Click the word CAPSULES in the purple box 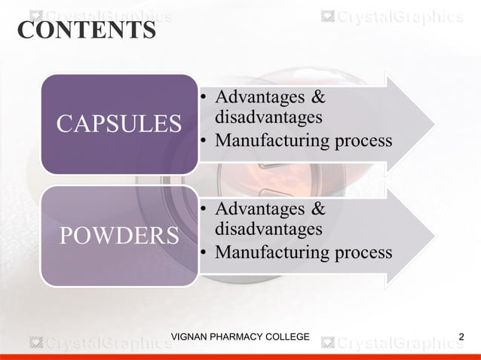[x=119, y=124]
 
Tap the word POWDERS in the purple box [x=119, y=236]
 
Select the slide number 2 [x=461, y=336]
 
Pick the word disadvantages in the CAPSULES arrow [x=268, y=117]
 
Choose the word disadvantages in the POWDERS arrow [x=268, y=228]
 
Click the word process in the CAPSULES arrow [x=365, y=142]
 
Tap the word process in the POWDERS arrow [x=365, y=252]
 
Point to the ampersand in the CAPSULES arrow [x=318, y=98]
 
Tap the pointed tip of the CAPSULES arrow [x=434, y=121]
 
